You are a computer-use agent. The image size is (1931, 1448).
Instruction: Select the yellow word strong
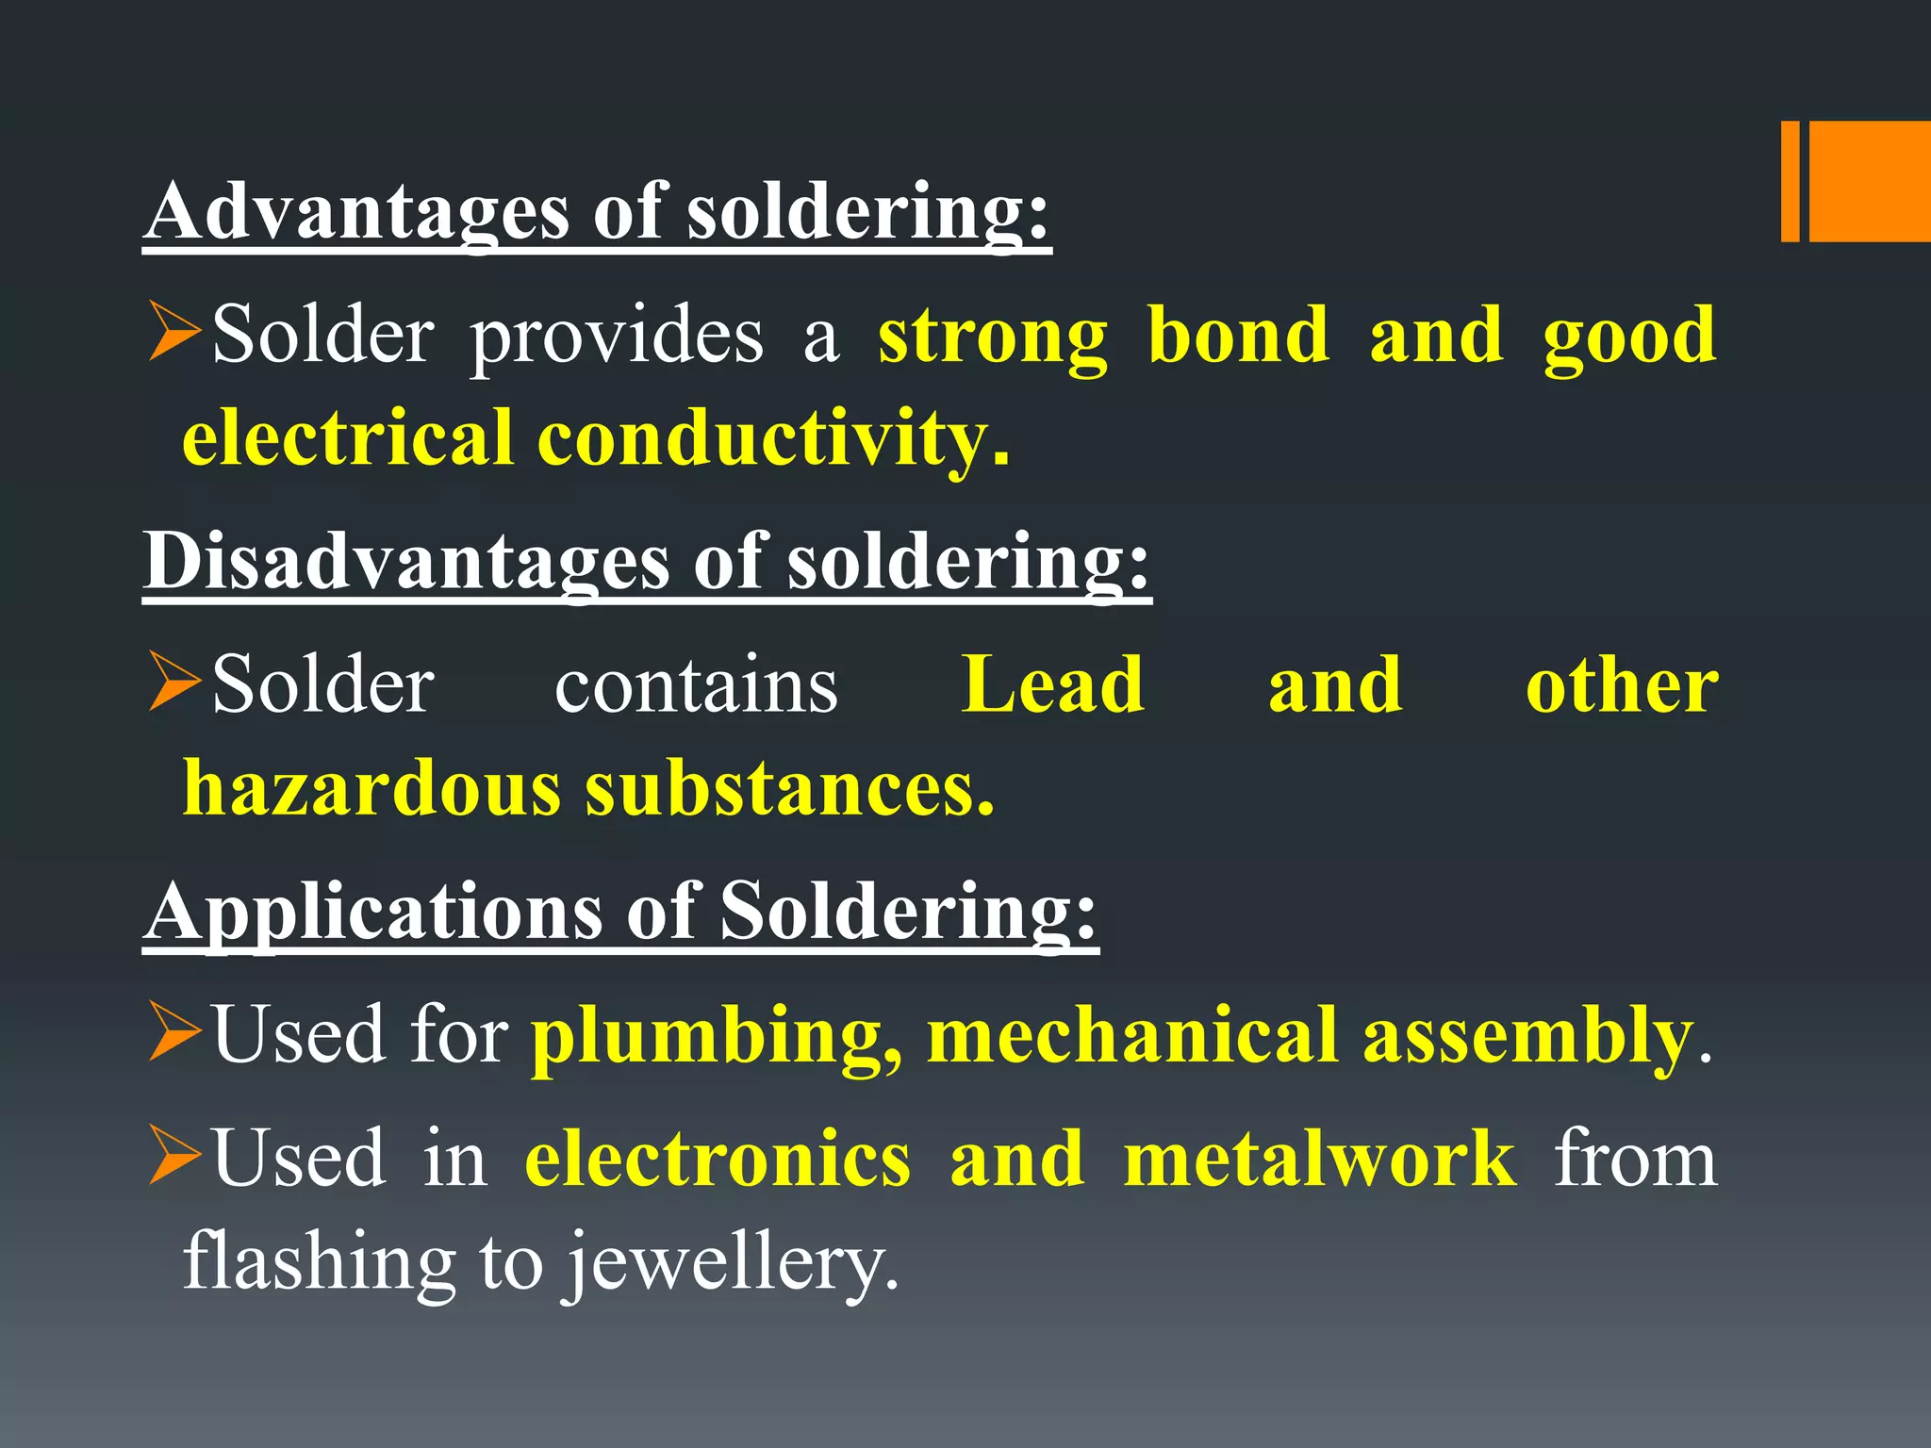992,337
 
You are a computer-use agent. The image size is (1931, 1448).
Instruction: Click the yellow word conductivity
773,438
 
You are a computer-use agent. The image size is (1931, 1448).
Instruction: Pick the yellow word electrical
348,438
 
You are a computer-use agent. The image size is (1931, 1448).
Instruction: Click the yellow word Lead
1053,685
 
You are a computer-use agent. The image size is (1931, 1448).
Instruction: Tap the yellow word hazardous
371,788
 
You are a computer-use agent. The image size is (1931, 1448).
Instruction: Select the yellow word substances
789,788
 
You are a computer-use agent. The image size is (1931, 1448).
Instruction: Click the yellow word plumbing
717,1037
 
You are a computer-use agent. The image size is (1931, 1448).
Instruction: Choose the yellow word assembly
1527,1037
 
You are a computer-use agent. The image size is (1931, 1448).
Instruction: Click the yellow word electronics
718,1159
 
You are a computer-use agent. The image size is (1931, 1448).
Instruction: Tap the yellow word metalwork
1320,1159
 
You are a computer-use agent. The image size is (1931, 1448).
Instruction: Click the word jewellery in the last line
731,1263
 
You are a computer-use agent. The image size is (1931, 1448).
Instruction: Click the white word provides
617,337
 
